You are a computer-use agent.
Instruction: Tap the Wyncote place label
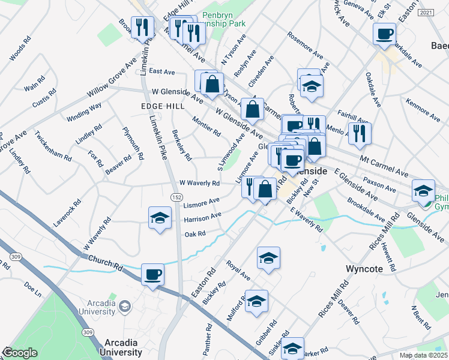coord(364,268)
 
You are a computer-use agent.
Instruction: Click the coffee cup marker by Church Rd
coord(152,275)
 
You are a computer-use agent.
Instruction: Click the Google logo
coord(20,353)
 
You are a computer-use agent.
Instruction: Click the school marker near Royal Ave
coord(268,258)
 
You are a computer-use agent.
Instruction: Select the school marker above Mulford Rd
coord(256,301)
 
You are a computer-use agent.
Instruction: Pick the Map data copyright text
coord(423,355)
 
